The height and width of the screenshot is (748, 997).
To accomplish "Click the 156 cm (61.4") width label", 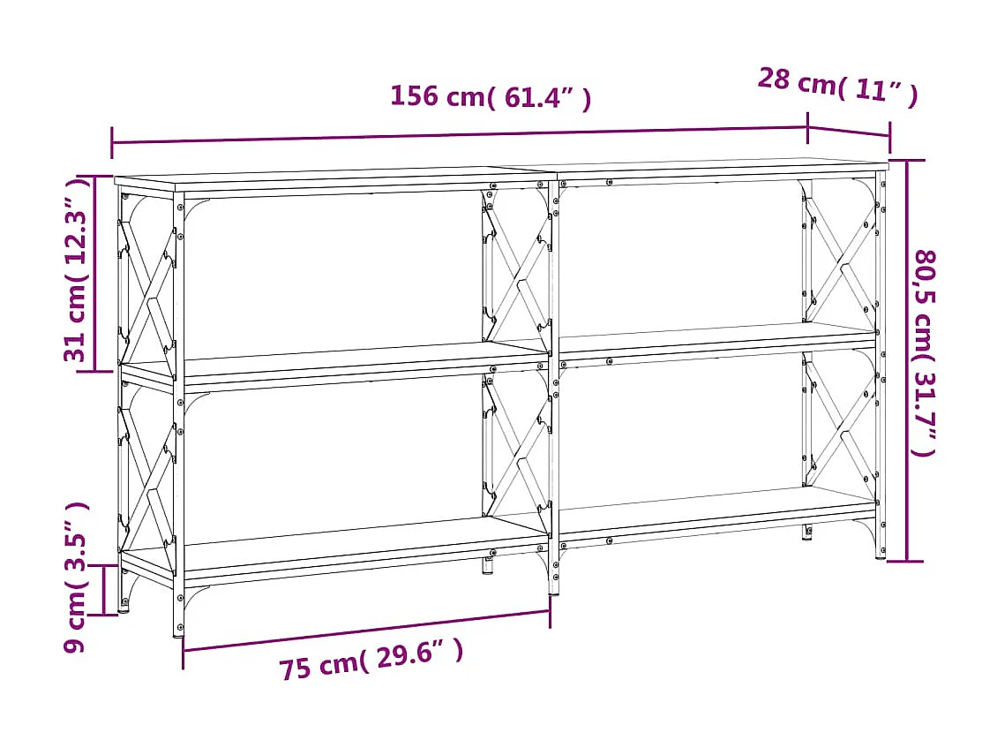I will tap(491, 96).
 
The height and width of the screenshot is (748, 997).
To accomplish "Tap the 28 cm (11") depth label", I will tap(837, 86).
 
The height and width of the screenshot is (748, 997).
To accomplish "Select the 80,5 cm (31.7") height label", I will tap(923, 353).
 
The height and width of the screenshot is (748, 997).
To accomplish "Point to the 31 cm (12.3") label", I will tap(77, 270).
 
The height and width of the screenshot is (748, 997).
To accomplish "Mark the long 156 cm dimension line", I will tap(459, 134).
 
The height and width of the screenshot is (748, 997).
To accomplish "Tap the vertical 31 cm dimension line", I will tap(96, 274).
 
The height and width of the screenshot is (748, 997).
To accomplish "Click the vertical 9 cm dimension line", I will tap(104, 590).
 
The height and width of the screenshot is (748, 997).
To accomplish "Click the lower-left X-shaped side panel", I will tap(147, 468).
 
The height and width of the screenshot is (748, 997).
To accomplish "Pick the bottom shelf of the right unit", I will tap(715, 510).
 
